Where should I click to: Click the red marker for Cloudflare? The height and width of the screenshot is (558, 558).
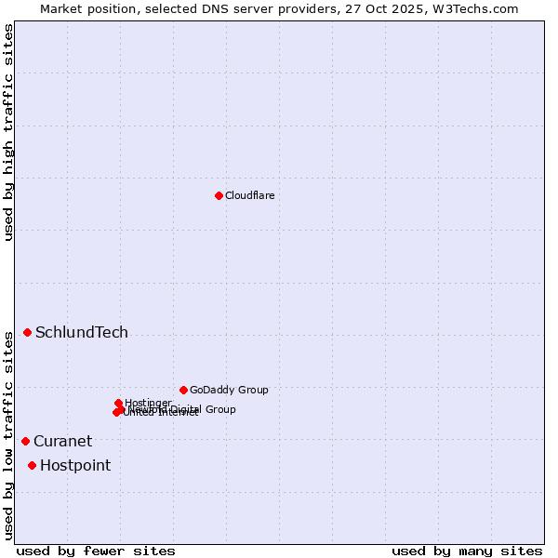pos(219,195)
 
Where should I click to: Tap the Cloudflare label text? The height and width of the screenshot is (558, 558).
pos(249,195)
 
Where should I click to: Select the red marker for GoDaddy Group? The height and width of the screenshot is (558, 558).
pos(183,390)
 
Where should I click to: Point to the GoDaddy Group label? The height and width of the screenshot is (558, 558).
pos(229,390)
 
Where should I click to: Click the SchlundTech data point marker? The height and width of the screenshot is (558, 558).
pos(27,332)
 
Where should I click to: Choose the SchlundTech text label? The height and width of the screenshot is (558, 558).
pos(82,333)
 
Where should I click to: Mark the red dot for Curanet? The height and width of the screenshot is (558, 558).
pos(25,441)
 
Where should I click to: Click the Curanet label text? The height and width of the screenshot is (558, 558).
pos(62,442)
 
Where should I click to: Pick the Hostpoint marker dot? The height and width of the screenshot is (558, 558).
pos(32,465)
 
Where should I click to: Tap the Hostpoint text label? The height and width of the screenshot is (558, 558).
pos(75,466)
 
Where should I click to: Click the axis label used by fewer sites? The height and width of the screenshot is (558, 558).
pos(96,551)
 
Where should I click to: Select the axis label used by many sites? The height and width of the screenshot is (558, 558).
pos(467,551)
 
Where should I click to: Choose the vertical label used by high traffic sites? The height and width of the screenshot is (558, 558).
pos(8,132)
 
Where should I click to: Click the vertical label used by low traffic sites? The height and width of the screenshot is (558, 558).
pos(8,435)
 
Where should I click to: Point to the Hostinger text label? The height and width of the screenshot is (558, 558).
pos(148,403)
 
